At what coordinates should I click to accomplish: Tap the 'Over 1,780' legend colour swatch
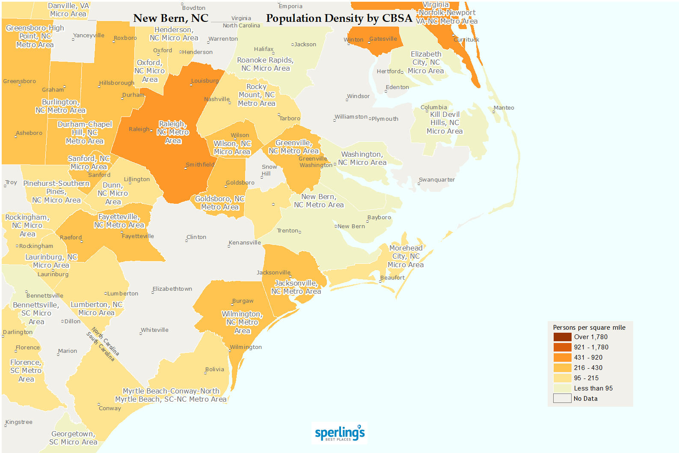point(562,337)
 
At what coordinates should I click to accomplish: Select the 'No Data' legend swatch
point(562,399)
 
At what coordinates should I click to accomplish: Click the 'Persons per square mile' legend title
point(589,328)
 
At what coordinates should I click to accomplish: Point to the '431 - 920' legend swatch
point(562,358)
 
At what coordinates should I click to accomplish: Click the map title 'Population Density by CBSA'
point(339,18)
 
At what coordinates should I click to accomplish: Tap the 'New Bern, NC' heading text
point(171,18)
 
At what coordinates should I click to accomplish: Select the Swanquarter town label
point(436,180)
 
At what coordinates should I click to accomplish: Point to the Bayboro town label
point(379,218)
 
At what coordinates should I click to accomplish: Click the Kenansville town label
point(245,243)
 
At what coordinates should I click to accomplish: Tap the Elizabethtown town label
point(172,289)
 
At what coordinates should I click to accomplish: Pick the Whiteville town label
point(154,330)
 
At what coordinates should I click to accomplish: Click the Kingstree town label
point(19,422)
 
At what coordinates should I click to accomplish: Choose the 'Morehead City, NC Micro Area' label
point(406,256)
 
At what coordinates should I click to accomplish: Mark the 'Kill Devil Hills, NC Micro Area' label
point(445,123)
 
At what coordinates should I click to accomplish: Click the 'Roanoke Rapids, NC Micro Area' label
point(265,64)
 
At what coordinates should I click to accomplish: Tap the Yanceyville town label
point(89,36)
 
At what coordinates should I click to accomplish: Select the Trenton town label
point(288,231)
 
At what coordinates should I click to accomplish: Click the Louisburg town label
point(205,81)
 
